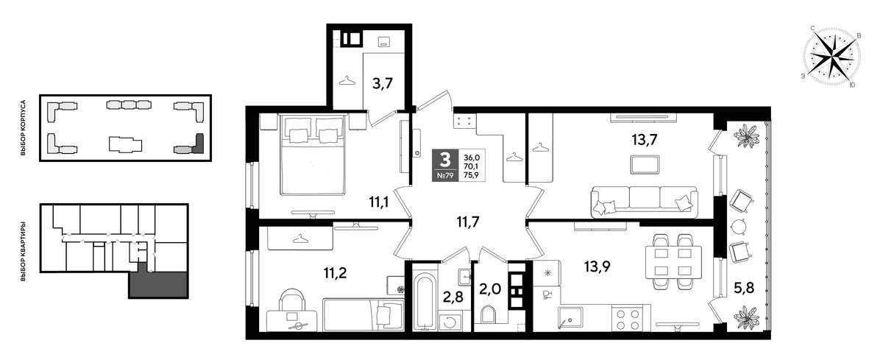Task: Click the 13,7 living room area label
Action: point(645,140)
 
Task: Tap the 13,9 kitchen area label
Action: point(597,267)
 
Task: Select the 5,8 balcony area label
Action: point(743,288)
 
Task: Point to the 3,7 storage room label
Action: point(383,84)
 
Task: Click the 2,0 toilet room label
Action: point(490,289)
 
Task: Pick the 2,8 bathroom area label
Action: point(453,297)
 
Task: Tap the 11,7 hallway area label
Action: point(468,222)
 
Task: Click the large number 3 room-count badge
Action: point(445,160)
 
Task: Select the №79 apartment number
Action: point(445,176)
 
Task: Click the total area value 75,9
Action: point(472,175)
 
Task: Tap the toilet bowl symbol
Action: point(488,314)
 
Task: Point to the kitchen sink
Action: point(570,318)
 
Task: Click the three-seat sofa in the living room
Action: point(644,202)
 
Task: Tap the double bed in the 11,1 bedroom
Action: point(313,154)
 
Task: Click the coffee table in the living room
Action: point(645,165)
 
